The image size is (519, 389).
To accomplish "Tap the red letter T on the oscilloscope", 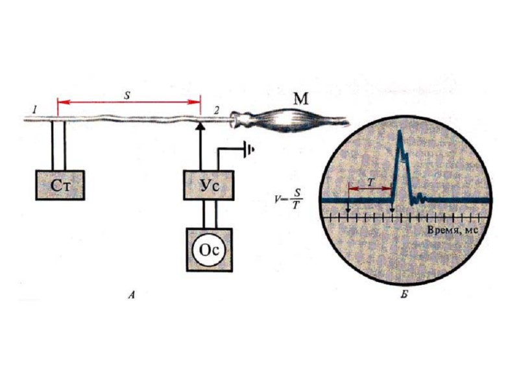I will tap(370, 183).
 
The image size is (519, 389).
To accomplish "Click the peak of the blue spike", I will tap(400, 134).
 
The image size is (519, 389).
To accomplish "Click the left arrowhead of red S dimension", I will tap(60, 101).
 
